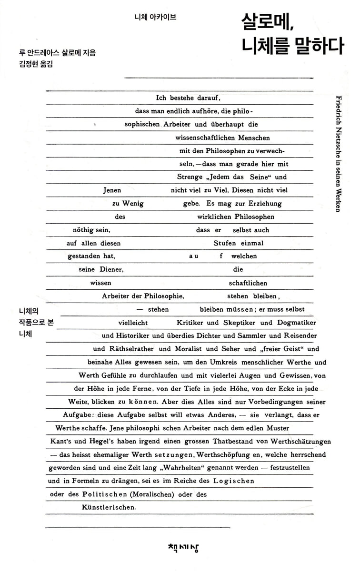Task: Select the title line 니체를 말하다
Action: (x=292, y=46)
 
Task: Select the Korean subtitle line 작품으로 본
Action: (x=35, y=322)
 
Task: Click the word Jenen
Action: (x=112, y=190)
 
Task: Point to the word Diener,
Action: (x=109, y=269)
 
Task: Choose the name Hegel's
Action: (x=99, y=441)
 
